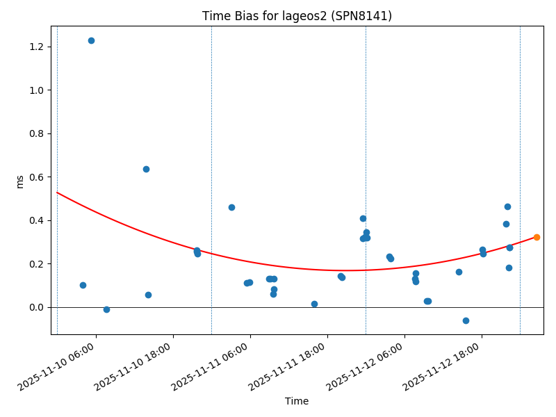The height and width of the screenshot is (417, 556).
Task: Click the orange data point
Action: (537, 237)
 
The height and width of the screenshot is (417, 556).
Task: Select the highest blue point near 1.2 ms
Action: (91, 40)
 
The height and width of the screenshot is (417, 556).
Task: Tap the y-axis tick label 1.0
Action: (36, 90)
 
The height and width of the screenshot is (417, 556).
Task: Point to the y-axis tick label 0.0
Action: (36, 307)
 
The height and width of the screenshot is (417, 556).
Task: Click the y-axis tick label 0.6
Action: (36, 177)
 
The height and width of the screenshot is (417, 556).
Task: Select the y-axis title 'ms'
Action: (19, 181)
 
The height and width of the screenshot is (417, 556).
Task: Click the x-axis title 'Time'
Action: (297, 401)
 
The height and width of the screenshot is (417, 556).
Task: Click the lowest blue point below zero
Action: (466, 320)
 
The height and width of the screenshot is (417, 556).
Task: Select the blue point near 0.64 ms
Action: (146, 169)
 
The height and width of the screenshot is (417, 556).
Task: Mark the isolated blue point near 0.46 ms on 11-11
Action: (231, 207)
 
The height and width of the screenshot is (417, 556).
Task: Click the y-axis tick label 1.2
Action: (36, 47)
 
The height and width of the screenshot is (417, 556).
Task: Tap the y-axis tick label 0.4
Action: (36, 220)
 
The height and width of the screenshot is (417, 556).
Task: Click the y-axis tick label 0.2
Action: (36, 264)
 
